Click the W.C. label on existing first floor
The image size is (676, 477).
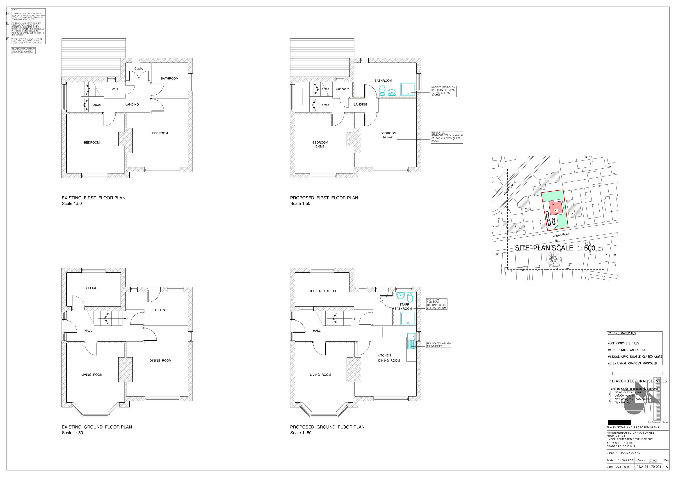pyautogui.click(x=115, y=89)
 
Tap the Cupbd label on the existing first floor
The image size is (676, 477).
pyautogui.click(x=139, y=68)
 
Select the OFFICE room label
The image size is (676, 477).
pyautogui.click(x=91, y=288)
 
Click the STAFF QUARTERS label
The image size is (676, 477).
pyautogui.click(x=322, y=291)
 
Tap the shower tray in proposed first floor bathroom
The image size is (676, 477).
pyautogui.click(x=408, y=89)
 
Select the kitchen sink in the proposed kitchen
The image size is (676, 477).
pyautogui.click(x=411, y=337)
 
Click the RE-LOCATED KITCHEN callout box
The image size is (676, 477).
pyautogui.click(x=438, y=345)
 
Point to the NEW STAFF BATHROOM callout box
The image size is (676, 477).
pyautogui.click(x=437, y=304)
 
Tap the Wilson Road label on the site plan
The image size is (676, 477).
pyautogui.click(x=561, y=235)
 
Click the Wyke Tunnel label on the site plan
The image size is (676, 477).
pyautogui.click(x=509, y=188)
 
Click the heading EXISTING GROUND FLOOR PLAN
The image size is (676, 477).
pyautogui.click(x=97, y=427)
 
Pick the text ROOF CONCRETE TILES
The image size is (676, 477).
pyautogui.click(x=623, y=343)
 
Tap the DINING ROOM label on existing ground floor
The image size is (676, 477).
pyautogui.click(x=160, y=361)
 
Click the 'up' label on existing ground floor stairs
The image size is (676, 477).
pyautogui.click(x=126, y=319)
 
